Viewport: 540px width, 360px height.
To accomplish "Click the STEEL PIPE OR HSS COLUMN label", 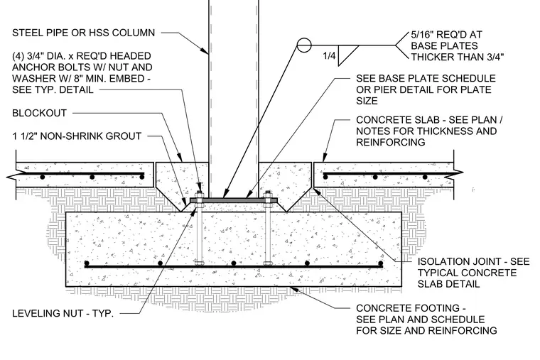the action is (83, 33).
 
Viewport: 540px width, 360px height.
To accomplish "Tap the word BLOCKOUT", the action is (39, 113).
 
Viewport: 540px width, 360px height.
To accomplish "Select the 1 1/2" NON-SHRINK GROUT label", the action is (77, 136).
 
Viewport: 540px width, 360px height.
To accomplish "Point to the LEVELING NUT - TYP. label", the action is (63, 314).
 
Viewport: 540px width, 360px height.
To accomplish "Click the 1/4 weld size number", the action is (329, 55).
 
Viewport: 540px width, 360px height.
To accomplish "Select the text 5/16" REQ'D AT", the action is (446, 35).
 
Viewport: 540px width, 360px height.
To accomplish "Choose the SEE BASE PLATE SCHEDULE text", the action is (426, 79).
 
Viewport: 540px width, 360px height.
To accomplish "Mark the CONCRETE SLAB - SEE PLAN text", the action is (429, 120).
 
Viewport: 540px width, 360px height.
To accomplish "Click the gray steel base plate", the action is (234, 200).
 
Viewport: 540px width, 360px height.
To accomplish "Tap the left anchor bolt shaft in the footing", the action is (200, 235).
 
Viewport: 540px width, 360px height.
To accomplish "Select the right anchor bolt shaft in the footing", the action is (268, 235).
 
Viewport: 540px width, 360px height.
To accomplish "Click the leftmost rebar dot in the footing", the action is (87, 263).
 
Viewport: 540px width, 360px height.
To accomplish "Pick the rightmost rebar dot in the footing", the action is (381, 263).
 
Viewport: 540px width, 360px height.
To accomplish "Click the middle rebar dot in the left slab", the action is (92, 177).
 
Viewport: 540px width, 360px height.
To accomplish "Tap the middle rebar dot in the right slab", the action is (375, 177).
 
